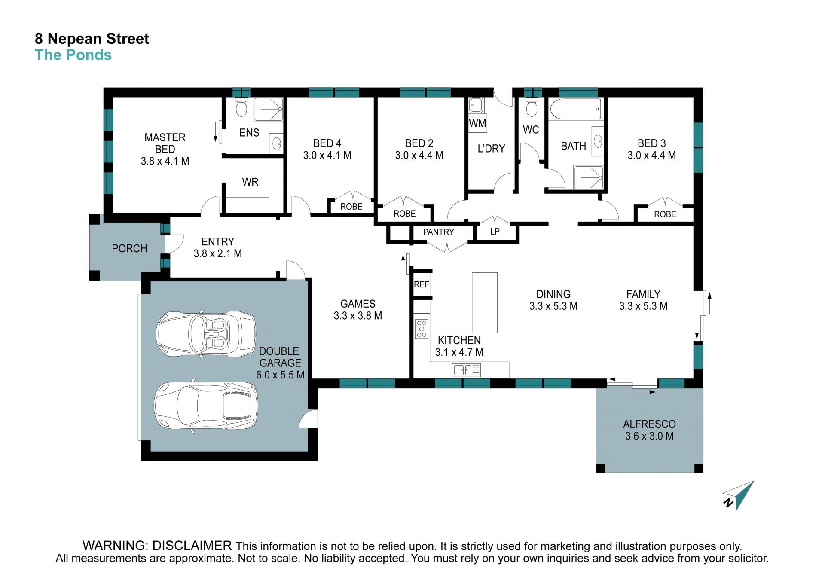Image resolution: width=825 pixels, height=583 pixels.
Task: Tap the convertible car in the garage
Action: (x=206, y=334)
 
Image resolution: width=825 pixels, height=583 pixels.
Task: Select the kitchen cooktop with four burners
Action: (x=422, y=329)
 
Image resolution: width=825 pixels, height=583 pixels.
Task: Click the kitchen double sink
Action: (x=466, y=370)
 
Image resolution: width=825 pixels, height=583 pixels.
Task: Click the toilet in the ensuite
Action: (x=241, y=107)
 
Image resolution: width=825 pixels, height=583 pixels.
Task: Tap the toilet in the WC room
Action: (x=532, y=107)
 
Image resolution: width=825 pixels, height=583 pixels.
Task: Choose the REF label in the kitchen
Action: (x=422, y=284)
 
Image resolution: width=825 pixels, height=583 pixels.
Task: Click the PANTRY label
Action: (x=438, y=232)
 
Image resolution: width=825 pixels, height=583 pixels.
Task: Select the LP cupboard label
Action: (x=495, y=232)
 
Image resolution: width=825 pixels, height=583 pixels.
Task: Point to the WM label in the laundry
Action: (x=477, y=124)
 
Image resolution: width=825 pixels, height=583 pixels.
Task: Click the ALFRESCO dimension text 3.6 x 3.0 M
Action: (x=649, y=436)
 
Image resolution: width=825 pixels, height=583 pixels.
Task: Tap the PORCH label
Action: (x=129, y=249)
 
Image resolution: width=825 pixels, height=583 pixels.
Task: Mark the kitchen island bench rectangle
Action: (x=485, y=303)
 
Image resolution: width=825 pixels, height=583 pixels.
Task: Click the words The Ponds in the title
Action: (x=73, y=55)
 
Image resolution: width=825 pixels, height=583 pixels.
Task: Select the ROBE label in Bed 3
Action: (x=665, y=214)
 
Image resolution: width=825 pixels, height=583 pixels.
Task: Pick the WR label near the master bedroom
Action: (x=250, y=182)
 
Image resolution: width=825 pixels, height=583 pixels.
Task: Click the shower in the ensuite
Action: (x=269, y=110)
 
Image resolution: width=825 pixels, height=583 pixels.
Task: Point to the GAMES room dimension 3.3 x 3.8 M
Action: (x=358, y=316)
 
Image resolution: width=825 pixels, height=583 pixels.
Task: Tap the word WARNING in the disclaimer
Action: (x=116, y=546)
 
